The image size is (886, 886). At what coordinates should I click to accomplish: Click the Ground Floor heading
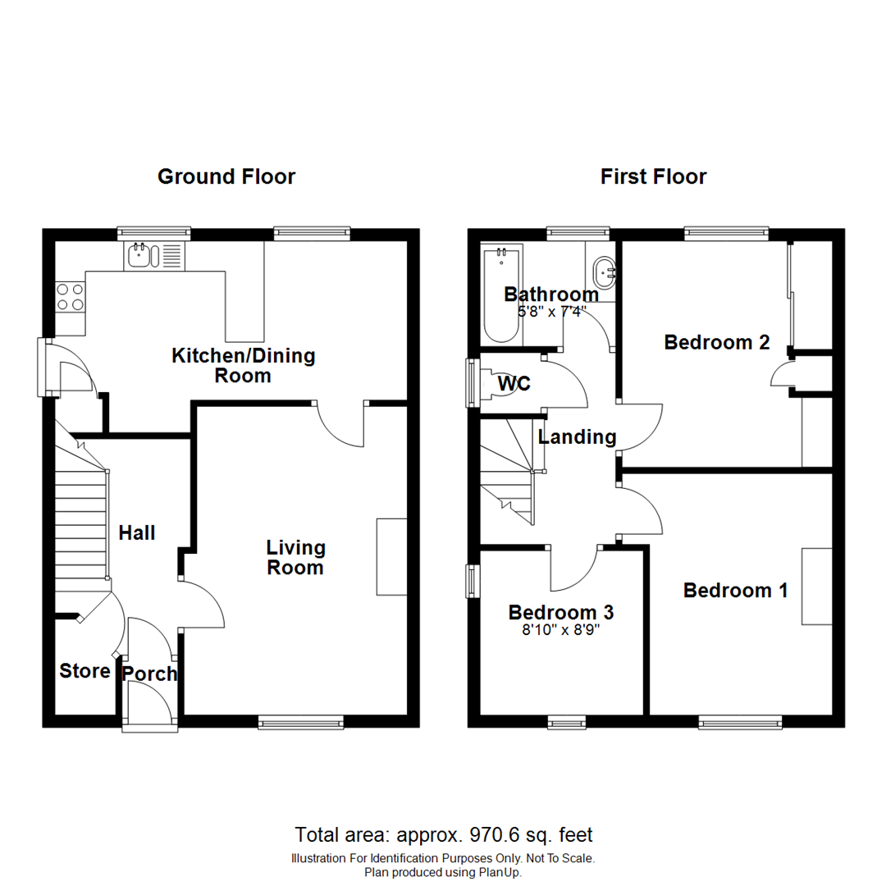[x=226, y=176]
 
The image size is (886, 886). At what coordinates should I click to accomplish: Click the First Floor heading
[x=653, y=176]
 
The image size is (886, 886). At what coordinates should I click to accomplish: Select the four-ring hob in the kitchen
[x=69, y=296]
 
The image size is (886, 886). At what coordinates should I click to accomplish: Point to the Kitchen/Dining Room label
[x=243, y=366]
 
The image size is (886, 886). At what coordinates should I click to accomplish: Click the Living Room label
[x=295, y=557]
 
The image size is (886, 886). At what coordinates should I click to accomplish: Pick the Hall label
[x=137, y=533]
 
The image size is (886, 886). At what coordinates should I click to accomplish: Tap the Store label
[x=84, y=671]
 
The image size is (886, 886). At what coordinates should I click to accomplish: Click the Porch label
[x=149, y=674]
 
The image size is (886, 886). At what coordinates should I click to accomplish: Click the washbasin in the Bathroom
[x=605, y=269]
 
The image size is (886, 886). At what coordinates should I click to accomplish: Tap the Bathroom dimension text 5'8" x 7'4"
[x=550, y=312]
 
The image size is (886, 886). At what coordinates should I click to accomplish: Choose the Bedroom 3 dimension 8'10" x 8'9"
[x=561, y=632]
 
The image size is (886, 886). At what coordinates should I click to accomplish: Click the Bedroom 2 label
[x=717, y=342]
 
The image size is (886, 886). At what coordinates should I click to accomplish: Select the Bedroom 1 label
[x=736, y=590]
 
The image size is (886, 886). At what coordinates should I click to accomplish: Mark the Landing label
[x=577, y=437]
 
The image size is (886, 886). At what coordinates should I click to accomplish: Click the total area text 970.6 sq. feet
[x=495, y=835]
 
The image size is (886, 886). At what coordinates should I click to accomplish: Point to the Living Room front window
[x=300, y=722]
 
